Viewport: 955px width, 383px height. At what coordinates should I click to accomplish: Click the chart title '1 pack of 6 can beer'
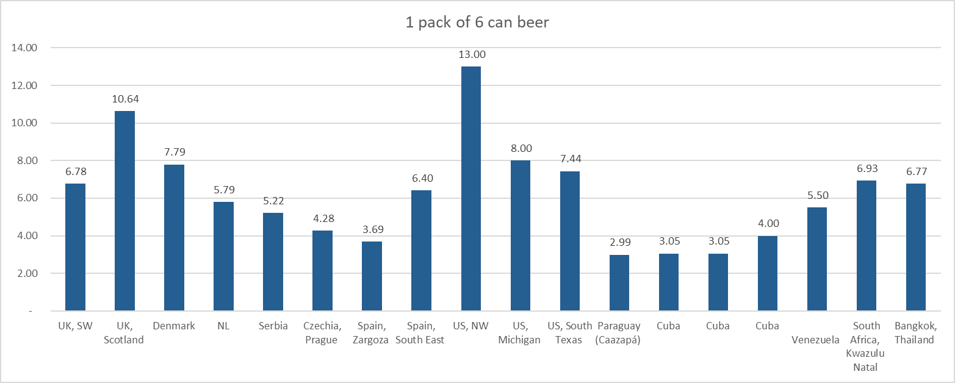click(x=477, y=23)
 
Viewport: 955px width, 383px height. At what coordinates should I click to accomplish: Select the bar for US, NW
click(x=470, y=189)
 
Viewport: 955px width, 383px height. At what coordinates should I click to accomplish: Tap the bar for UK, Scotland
click(x=124, y=211)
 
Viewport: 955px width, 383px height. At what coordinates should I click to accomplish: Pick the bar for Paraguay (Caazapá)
click(x=619, y=283)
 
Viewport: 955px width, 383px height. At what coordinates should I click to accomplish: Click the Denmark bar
click(x=174, y=238)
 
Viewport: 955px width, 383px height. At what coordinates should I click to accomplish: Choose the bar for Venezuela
click(x=816, y=259)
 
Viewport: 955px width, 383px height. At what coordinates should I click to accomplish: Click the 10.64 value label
click(x=124, y=99)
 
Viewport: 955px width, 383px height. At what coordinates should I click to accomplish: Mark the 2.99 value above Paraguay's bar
click(x=619, y=243)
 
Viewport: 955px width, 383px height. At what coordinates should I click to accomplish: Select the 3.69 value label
click(x=372, y=230)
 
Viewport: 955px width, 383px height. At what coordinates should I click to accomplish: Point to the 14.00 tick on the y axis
click(x=25, y=48)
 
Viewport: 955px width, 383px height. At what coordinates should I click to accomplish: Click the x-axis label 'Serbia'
click(x=273, y=326)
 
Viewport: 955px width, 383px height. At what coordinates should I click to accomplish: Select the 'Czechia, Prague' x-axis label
click(x=322, y=333)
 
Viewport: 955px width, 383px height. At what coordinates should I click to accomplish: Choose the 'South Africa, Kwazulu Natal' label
click(x=867, y=346)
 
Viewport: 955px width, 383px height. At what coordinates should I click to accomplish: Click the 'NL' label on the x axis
click(x=223, y=326)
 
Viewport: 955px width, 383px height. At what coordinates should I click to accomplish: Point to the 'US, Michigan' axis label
click(x=520, y=333)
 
